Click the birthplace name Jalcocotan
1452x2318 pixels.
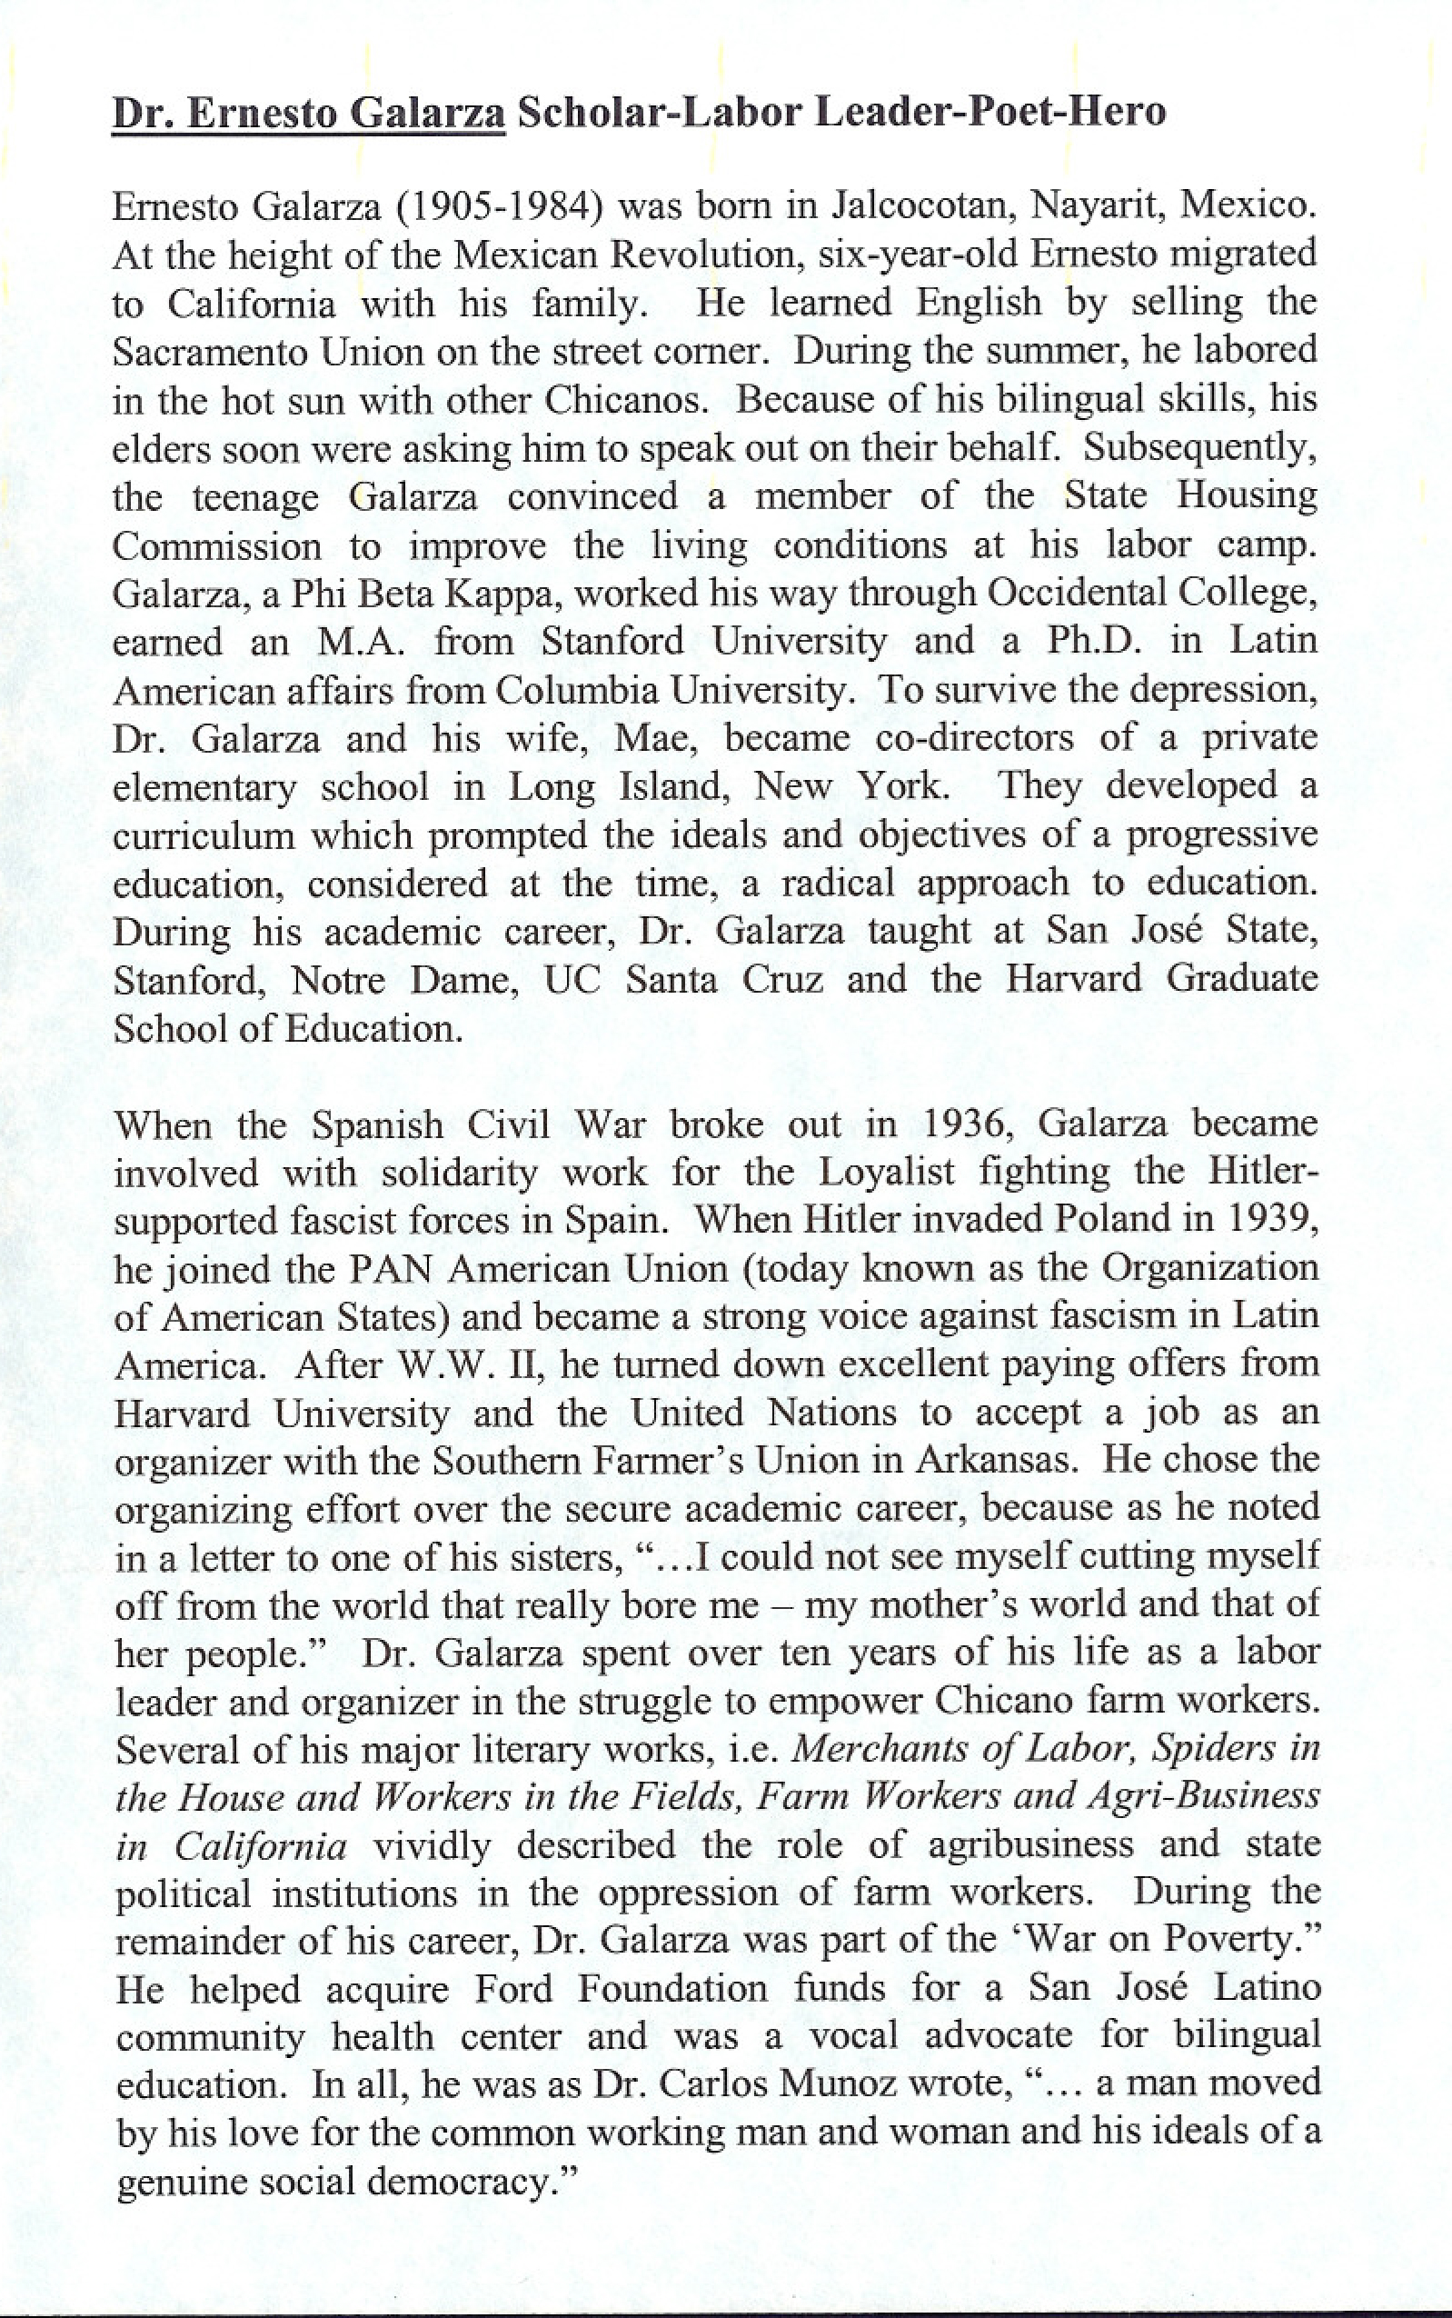(926, 206)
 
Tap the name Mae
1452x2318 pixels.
(658, 738)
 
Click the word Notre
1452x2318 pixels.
(338, 980)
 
